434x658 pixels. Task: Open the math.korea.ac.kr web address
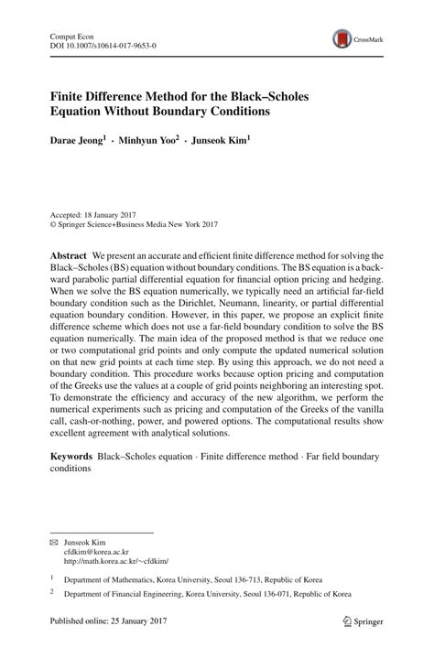[x=116, y=561]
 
